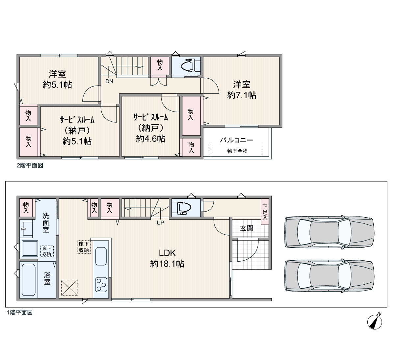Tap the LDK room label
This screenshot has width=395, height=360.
click(167, 253)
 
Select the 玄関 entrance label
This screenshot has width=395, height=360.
click(247, 228)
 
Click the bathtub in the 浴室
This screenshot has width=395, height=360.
click(29, 280)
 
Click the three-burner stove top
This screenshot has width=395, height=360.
click(101, 285)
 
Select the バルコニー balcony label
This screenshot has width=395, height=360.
click(236, 140)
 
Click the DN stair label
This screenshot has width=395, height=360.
click(109, 81)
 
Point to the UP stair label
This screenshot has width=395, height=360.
click(160, 223)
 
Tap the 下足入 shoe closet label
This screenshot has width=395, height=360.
click(265, 212)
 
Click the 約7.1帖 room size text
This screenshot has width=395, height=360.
click(242, 95)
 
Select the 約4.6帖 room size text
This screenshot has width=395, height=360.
click(150, 139)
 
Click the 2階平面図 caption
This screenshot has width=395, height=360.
click(30, 166)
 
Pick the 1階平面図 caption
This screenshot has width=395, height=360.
click(20, 312)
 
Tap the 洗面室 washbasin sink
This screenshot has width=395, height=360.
click(28, 229)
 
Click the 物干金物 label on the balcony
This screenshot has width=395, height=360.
click(237, 151)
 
